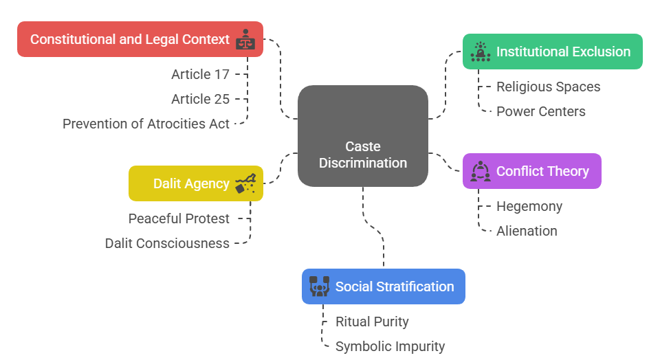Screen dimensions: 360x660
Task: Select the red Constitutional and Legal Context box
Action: [x=140, y=39]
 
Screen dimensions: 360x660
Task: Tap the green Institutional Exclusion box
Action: [x=553, y=52]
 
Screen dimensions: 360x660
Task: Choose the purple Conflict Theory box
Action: [x=532, y=171]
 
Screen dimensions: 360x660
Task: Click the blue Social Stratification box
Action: [x=384, y=286]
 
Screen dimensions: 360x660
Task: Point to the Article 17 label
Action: [x=200, y=74]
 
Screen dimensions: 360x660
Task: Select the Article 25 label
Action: [x=200, y=99]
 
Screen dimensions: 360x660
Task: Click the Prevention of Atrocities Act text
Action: [x=146, y=124]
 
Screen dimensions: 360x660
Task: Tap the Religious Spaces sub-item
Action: [x=549, y=87]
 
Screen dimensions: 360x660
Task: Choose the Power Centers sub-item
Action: [x=541, y=111]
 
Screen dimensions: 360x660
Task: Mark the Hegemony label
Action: [x=529, y=206]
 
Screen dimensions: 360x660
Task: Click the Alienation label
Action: [x=527, y=231]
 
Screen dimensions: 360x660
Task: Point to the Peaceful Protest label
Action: [x=179, y=218]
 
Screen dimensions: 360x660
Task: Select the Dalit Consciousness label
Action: [x=167, y=243]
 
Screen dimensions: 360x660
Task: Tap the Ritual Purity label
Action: [x=372, y=322]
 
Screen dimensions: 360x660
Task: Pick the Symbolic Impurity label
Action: [x=390, y=346]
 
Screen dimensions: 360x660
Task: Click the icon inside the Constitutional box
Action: [x=245, y=39]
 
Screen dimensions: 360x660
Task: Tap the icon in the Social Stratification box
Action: [x=319, y=286]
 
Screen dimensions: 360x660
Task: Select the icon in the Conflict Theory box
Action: [x=480, y=171]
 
